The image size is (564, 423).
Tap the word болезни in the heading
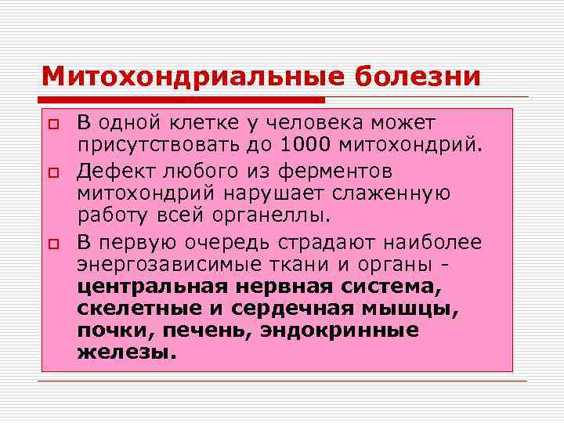pos(418,76)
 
